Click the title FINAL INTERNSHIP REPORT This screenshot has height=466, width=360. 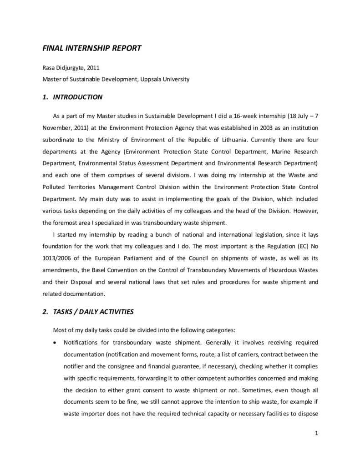point(92,48)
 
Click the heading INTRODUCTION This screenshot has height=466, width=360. point(78,97)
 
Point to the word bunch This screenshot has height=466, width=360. point(146,234)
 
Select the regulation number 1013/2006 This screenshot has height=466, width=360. point(56,258)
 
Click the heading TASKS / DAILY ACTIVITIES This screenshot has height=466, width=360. point(93,312)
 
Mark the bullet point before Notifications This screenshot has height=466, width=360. point(55,342)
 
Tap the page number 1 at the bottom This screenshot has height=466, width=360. point(316,433)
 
